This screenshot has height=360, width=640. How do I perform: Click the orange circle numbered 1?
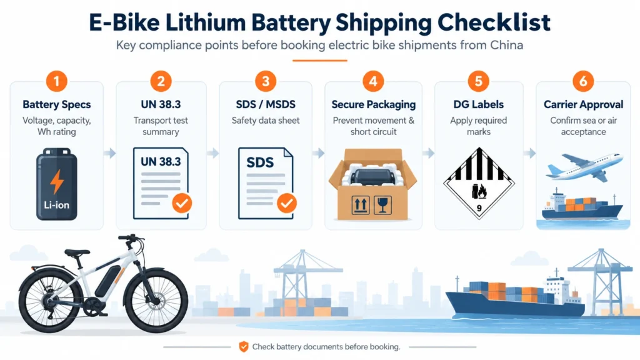pyautogui.click(x=57, y=81)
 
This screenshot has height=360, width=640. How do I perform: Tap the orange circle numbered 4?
pyautogui.click(x=373, y=81)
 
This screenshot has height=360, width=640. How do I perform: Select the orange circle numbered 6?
pyautogui.click(x=583, y=81)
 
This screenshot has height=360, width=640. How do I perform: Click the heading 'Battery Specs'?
pyautogui.click(x=57, y=104)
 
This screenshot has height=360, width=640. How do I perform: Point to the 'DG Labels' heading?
pyautogui.click(x=478, y=104)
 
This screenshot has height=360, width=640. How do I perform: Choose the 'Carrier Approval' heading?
pyautogui.click(x=583, y=104)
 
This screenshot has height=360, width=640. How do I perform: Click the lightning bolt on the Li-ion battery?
pyautogui.click(x=57, y=181)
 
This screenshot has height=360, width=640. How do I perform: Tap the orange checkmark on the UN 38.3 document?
pyautogui.click(x=182, y=203)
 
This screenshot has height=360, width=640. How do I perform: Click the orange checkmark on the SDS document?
pyautogui.click(x=287, y=203)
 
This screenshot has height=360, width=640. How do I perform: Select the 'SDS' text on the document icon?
pyautogui.click(x=260, y=162)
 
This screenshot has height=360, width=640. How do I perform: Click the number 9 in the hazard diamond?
pyautogui.click(x=479, y=208)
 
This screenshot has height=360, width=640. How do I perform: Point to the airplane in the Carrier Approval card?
pyautogui.click(x=584, y=166)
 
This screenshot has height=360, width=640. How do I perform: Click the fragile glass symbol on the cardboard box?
pyautogui.click(x=382, y=205)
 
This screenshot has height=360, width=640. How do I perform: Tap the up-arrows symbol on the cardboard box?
pyautogui.click(x=361, y=205)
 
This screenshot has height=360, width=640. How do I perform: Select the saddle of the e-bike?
pyautogui.click(x=77, y=253)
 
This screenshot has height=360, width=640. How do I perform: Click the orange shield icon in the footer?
pyautogui.click(x=244, y=347)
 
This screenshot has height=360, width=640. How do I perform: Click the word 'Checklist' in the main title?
pyautogui.click(x=494, y=22)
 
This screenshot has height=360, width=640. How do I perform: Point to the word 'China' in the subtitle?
pyautogui.click(x=506, y=45)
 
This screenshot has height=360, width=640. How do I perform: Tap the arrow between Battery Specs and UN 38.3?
pyautogui.click(x=110, y=153)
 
